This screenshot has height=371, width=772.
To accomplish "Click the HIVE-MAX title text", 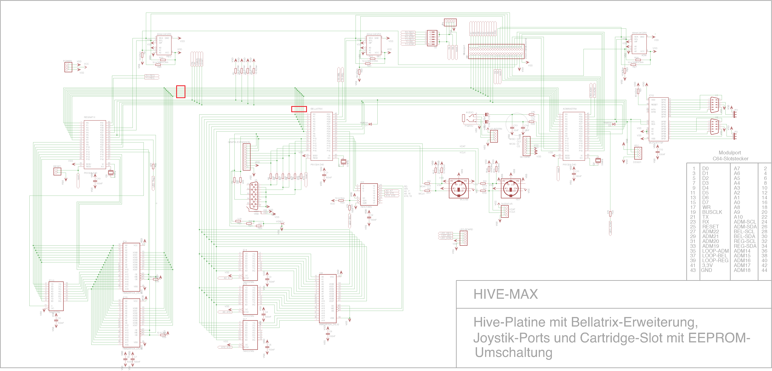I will (x=506, y=294).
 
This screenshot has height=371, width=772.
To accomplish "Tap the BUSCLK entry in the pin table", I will (x=712, y=212).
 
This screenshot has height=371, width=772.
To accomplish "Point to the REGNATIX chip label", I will (x=90, y=117).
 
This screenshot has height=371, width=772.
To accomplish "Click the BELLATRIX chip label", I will (x=316, y=109).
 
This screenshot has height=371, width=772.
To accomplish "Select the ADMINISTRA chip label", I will (x=569, y=109).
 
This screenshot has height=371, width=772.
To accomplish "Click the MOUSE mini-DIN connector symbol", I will (x=459, y=188).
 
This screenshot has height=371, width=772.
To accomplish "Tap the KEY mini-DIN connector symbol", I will (x=510, y=188).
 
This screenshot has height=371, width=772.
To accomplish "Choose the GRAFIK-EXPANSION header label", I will (x=239, y=142).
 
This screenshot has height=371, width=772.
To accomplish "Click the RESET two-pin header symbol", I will (x=57, y=171).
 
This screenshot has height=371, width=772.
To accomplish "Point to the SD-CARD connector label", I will (x=525, y=157).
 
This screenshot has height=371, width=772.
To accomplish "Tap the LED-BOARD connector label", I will (x=466, y=229).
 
